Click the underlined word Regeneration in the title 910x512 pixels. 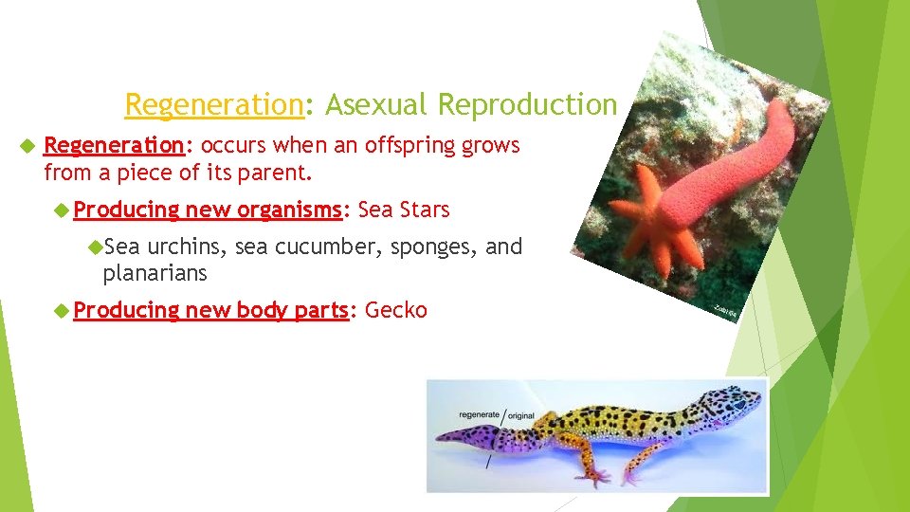tap(213, 104)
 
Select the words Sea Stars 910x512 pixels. tap(405, 209)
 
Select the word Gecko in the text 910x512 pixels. tap(396, 310)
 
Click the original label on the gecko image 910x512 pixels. tap(522, 415)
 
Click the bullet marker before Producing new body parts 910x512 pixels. tap(63, 310)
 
